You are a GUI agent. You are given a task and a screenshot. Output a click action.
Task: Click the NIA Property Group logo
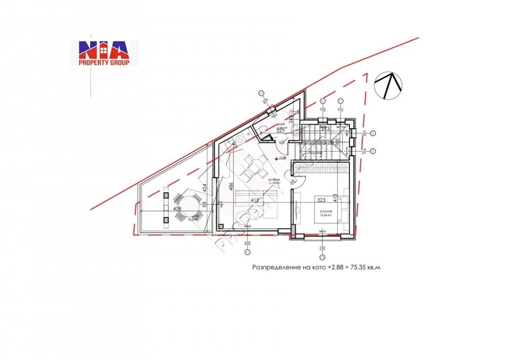(x=104, y=53)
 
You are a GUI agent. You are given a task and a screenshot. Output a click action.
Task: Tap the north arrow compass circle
(x=388, y=85)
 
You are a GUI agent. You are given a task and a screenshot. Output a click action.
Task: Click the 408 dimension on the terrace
(x=177, y=208)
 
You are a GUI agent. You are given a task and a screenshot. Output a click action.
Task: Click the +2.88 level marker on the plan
(x=281, y=158)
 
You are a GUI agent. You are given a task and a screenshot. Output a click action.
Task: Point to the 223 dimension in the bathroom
(x=280, y=130)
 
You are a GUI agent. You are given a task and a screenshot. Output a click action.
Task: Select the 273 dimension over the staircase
(x=325, y=129)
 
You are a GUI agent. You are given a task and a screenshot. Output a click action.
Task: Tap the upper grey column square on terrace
(x=166, y=194)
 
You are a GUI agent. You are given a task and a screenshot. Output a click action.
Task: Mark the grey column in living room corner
(x=221, y=226)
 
